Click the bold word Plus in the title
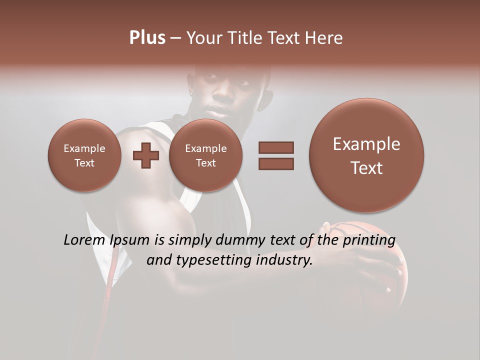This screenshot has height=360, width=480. (x=147, y=38)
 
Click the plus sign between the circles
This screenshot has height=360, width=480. (x=145, y=155)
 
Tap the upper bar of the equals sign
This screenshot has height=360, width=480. (x=276, y=147)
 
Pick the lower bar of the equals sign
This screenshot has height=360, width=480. (x=276, y=163)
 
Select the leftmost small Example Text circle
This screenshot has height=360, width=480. (x=84, y=155)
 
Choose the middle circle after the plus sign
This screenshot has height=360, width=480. (x=206, y=155)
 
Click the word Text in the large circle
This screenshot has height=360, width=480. (x=366, y=168)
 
